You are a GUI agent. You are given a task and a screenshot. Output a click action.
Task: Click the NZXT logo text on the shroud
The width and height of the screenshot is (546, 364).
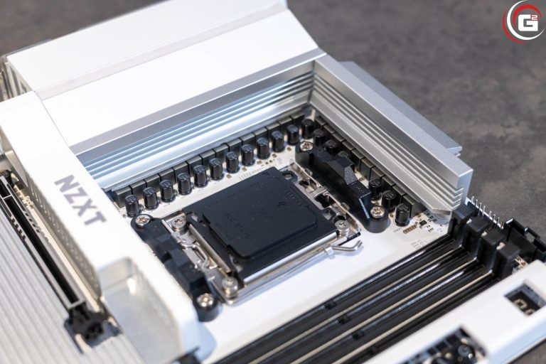[80, 200]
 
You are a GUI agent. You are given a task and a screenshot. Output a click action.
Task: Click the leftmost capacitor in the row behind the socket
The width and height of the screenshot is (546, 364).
[132, 205]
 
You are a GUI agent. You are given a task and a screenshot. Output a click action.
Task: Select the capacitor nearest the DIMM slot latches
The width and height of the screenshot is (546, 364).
[402, 213]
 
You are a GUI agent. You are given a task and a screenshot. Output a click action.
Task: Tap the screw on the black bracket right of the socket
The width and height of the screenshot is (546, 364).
[377, 212]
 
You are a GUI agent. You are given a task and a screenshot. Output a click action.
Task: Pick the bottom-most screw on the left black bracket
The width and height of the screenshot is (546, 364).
[205, 301]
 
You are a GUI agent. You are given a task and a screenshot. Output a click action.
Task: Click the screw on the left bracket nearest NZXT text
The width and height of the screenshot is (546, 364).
[143, 221]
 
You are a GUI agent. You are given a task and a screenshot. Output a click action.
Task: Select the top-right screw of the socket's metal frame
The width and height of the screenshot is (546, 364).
[343, 225]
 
